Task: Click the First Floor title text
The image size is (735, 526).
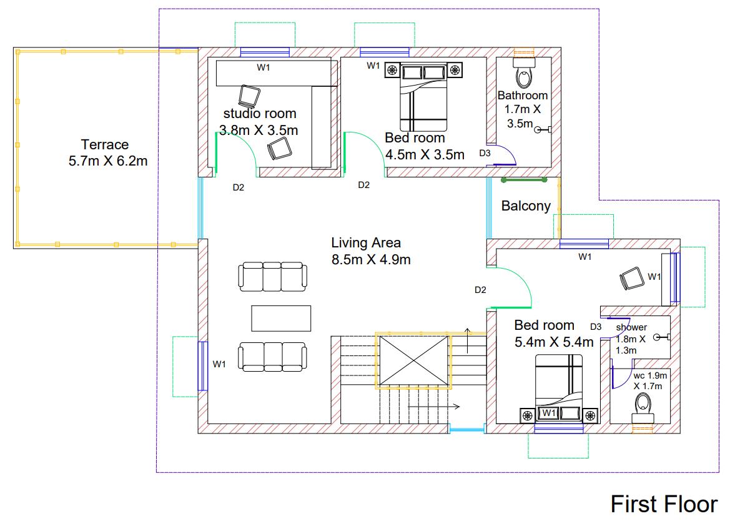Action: (664, 504)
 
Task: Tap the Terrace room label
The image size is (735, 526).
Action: (105, 145)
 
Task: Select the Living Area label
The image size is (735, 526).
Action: (366, 243)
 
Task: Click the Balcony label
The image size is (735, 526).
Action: (526, 206)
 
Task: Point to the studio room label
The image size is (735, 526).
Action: (260, 114)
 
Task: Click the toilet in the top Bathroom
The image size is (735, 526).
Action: (523, 74)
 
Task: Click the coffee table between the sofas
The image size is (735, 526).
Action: (281, 317)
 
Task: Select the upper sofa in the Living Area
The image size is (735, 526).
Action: (273, 277)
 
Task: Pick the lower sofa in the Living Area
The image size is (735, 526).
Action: (274, 356)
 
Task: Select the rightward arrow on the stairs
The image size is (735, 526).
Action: (435, 407)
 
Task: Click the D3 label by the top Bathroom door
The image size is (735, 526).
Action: (485, 153)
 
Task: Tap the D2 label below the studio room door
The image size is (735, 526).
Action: (238, 187)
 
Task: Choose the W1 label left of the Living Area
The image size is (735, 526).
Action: (219, 364)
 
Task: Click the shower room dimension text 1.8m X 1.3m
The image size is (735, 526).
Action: (631, 344)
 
